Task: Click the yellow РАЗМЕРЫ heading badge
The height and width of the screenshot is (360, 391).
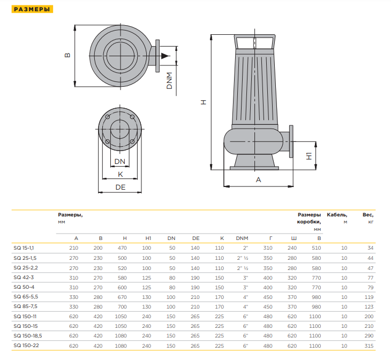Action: tap(32, 9)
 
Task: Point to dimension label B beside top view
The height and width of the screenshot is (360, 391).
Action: tap(67, 55)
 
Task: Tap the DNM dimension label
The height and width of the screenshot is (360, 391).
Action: tap(169, 80)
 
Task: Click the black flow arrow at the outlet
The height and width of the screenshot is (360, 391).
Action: tap(166, 56)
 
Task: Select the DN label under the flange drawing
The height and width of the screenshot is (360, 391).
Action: tap(119, 161)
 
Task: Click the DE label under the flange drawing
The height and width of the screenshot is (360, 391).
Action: tap(120, 187)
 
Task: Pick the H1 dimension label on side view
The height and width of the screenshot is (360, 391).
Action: tap(309, 156)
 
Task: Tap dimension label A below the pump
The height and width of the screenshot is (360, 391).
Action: tap(258, 179)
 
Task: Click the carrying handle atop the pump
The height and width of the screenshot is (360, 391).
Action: tap(254, 41)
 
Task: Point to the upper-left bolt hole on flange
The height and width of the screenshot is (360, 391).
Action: tap(108, 117)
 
